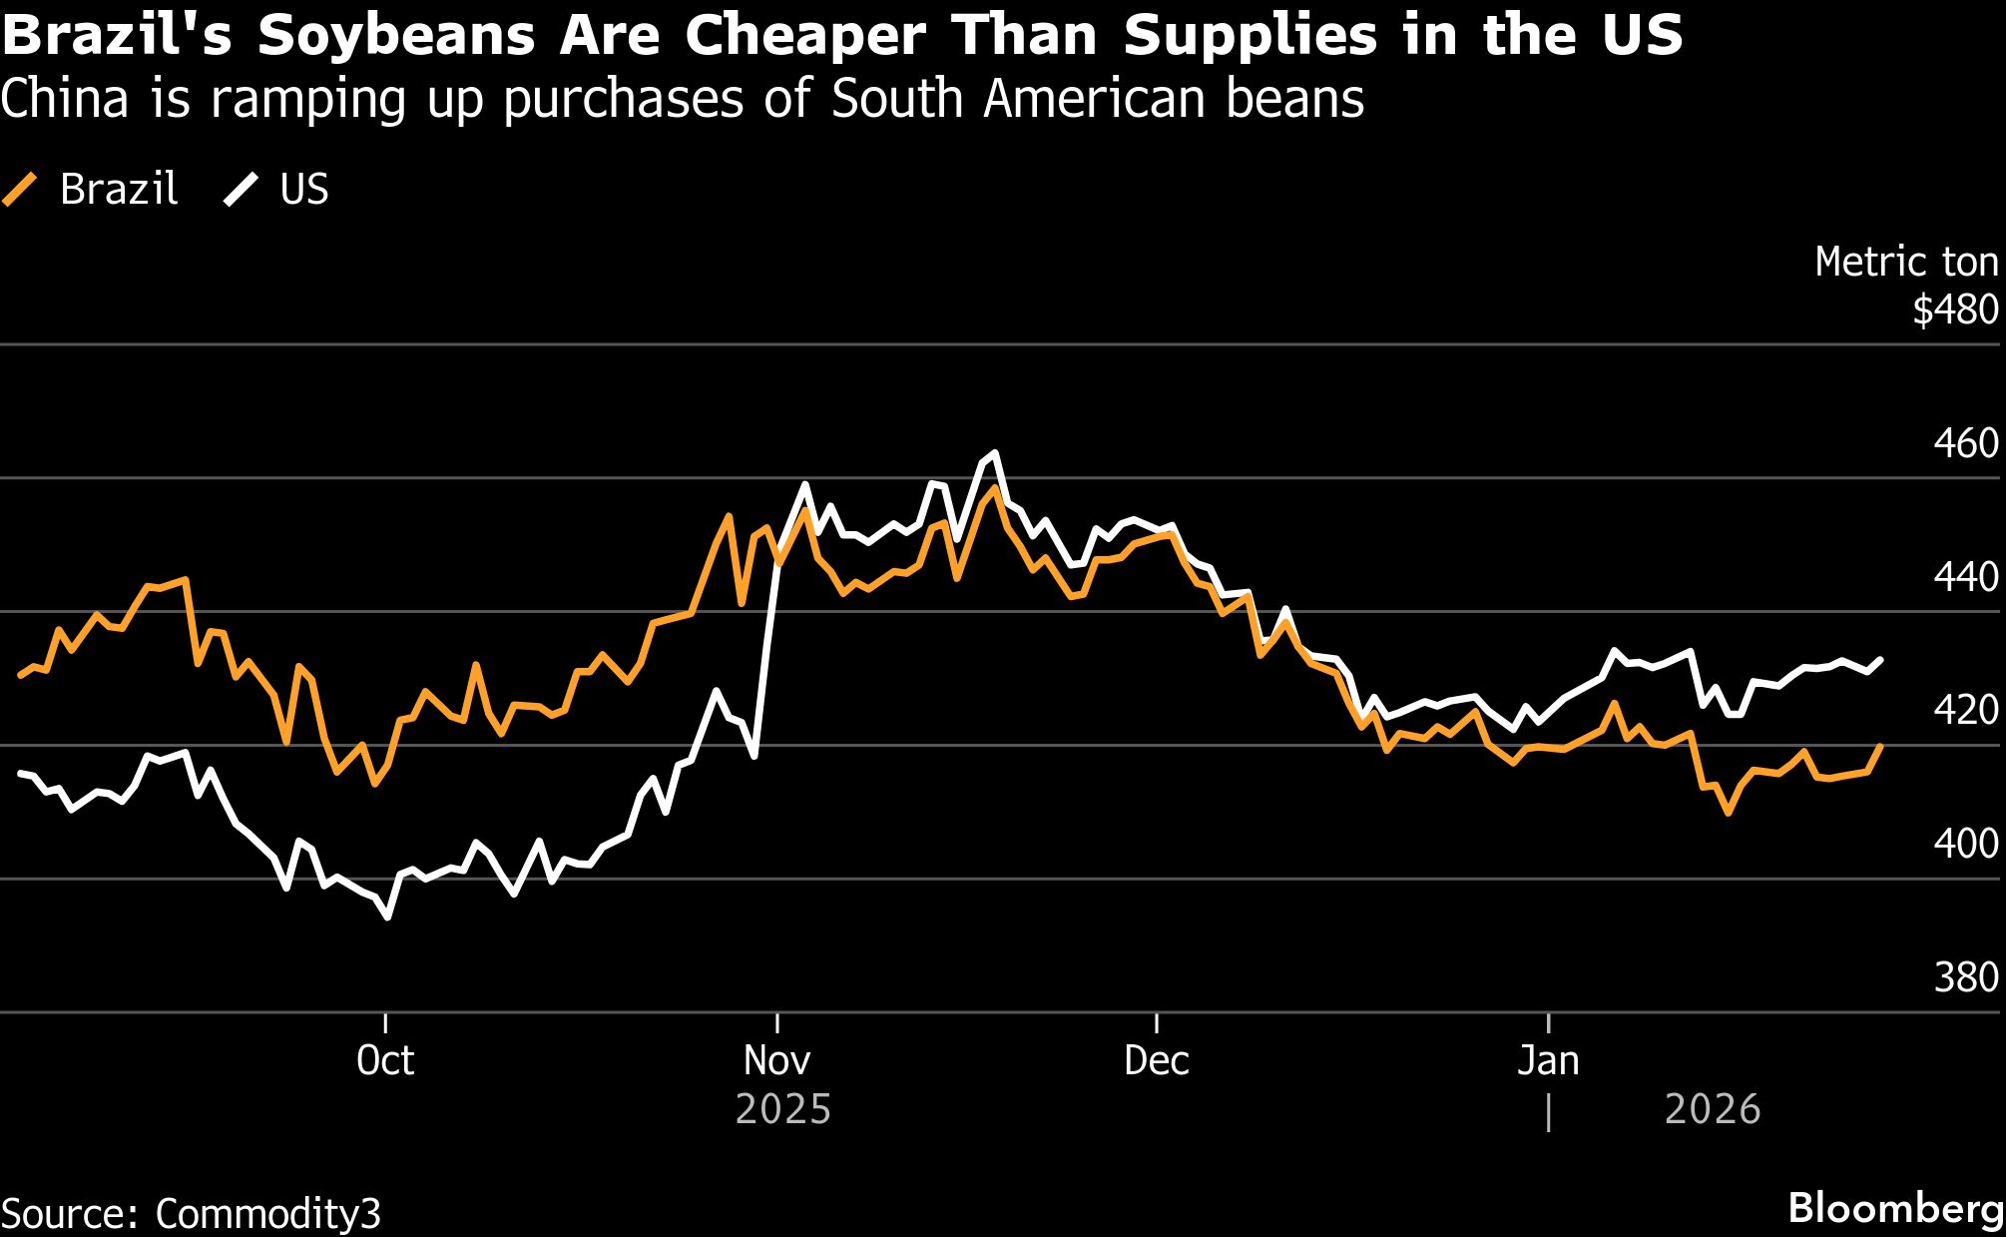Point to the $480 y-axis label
tap(1955, 310)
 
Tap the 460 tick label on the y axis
tap(1965, 443)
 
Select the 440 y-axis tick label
tap(1965, 577)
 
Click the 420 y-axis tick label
tap(1965, 711)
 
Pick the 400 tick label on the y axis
tap(1965, 845)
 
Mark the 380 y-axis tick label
tap(1965, 977)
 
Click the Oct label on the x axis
tap(385, 1060)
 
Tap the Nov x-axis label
tap(776, 1060)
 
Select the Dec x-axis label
tap(1156, 1060)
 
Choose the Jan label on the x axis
tap(1548, 1060)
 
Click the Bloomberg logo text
tap(1895, 1208)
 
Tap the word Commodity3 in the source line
tap(267, 1214)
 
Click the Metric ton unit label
tap(1906, 263)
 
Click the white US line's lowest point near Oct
tap(387, 917)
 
